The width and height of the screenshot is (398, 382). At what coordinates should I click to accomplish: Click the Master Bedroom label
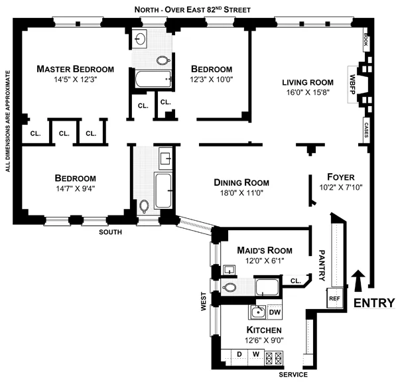[x=75, y=69]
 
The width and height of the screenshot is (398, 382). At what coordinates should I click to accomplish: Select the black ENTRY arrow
[x=359, y=281]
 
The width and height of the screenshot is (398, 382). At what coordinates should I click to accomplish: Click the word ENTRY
[x=375, y=303]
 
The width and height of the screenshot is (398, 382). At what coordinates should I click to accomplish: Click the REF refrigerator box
[x=334, y=298]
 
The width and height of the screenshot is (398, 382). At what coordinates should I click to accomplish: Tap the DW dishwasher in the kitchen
[x=274, y=311]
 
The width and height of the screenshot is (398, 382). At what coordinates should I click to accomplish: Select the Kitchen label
[x=264, y=330]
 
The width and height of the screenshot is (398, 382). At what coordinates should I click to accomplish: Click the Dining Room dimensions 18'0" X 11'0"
[x=241, y=194]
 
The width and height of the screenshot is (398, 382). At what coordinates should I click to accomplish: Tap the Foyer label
[x=341, y=177]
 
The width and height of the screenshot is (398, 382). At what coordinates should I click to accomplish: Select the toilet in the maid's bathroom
[x=230, y=288]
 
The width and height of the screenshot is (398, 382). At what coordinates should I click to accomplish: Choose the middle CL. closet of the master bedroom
[x=64, y=133]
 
